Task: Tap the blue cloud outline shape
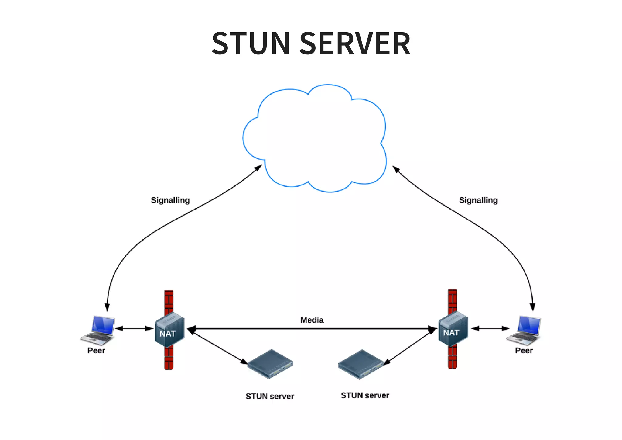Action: [x=314, y=138]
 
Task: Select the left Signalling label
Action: [x=170, y=200]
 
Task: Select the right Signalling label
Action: [x=478, y=200]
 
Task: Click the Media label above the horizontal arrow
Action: [x=312, y=320]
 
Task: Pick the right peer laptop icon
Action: [x=524, y=330]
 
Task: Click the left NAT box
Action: [x=169, y=330]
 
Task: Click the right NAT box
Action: [x=453, y=329]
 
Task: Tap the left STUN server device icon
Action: [x=270, y=364]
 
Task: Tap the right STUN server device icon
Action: [x=361, y=364]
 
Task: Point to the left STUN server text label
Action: [x=270, y=396]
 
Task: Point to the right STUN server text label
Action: [x=365, y=395]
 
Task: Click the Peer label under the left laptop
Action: [x=96, y=350]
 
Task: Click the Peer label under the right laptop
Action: [x=524, y=350]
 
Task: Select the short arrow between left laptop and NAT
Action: [x=134, y=328]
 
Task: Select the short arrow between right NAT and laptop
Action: [x=490, y=328]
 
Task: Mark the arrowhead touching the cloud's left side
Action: [x=259, y=167]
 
